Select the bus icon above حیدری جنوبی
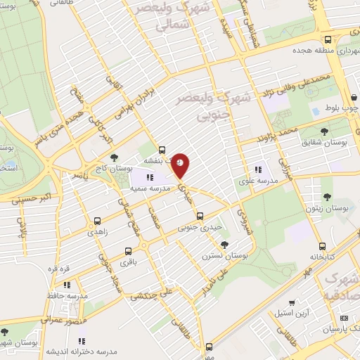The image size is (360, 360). coord(200,216)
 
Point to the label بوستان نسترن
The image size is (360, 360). coord(225,256)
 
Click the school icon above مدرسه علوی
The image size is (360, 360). coord(258,169)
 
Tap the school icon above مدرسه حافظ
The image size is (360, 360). coord(67,285)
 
